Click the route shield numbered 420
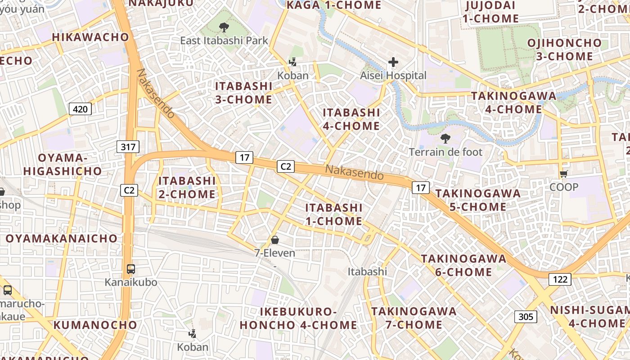[81, 108]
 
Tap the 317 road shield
[128, 146]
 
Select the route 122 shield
[560, 279]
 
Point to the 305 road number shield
[526, 317]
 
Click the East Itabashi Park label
[224, 40]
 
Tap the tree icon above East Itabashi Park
[224, 27]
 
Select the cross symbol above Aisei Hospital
[393, 62]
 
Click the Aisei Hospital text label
[393, 76]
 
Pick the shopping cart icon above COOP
[563, 174]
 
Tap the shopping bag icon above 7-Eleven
[275, 240]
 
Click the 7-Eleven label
[275, 253]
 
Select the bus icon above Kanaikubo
[131, 269]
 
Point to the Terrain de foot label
[445, 152]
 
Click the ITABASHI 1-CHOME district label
[334, 214]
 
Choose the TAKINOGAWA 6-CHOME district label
[463, 265]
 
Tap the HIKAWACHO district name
[90, 37]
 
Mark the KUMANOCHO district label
[95, 325]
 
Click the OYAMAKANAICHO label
[61, 238]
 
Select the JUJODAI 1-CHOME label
[490, 12]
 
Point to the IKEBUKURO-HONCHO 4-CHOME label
[298, 318]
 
